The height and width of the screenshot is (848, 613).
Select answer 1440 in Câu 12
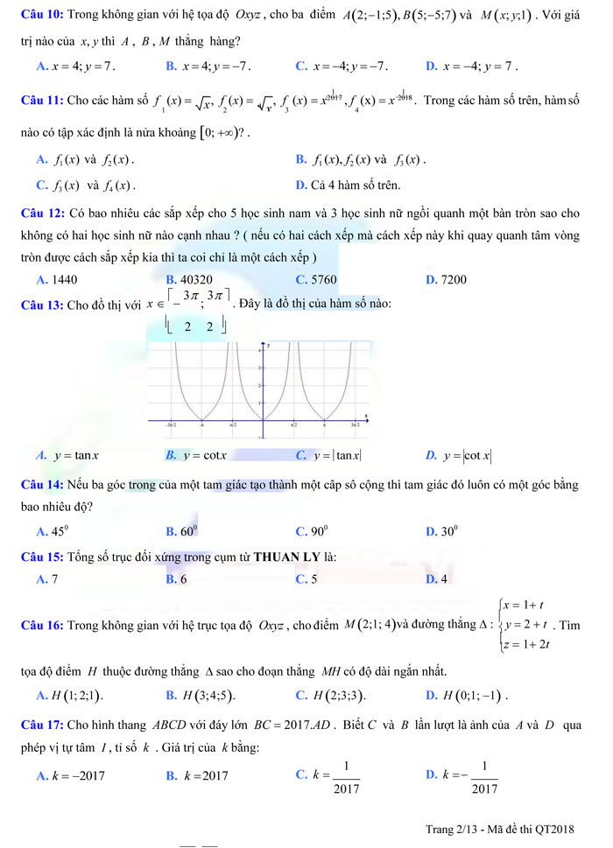[x=64, y=279]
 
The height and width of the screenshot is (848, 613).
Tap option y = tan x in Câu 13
[x=75, y=454]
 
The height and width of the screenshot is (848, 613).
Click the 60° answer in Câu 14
[x=189, y=530]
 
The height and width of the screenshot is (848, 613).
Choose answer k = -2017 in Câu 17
[x=76, y=774]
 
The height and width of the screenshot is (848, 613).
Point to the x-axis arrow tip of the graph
[x=367, y=421]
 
